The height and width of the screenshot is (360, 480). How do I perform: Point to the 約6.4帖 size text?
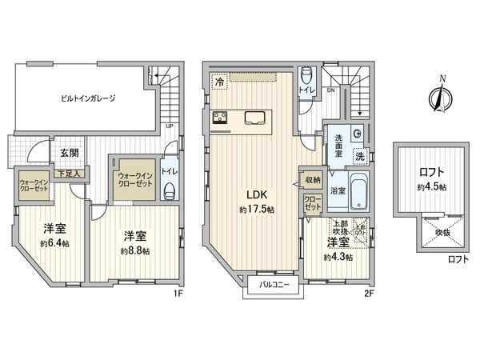(55, 243)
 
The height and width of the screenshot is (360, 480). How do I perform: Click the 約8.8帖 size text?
(135, 250)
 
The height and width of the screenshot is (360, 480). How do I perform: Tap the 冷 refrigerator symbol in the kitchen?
(218, 81)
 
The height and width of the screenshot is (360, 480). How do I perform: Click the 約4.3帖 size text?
(335, 258)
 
